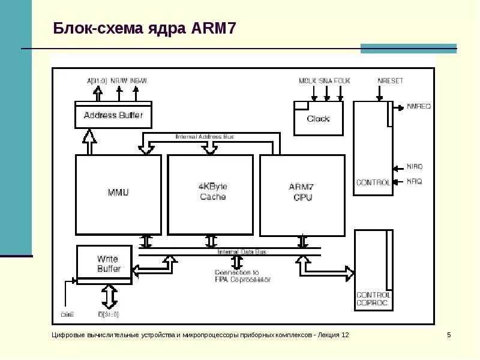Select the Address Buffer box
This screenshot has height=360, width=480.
click(113, 115)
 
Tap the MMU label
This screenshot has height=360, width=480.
click(118, 193)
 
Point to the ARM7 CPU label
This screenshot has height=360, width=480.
click(302, 192)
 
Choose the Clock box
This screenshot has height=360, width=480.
click(318, 118)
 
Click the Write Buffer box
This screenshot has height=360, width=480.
click(109, 264)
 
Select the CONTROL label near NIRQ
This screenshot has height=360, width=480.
click(373, 182)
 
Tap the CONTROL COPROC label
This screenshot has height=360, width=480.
click(373, 299)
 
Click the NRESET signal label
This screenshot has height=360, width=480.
click(390, 80)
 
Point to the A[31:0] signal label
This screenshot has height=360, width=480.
click(97, 80)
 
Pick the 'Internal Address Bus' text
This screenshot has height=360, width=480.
click(205, 137)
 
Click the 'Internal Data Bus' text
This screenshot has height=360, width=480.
click(242, 252)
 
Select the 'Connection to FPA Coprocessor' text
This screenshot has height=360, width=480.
click(242, 276)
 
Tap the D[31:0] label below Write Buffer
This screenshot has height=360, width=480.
click(109, 313)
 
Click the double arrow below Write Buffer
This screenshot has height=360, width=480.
click(109, 296)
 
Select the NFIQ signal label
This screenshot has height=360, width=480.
click(414, 181)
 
